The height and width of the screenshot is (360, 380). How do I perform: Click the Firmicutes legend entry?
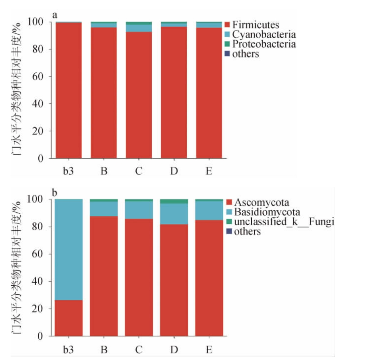[x=255, y=25]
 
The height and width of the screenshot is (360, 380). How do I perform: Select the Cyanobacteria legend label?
[x=264, y=34]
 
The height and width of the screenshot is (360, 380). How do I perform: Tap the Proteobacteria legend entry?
[x=264, y=44]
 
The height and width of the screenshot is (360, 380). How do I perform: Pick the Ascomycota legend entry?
[x=261, y=202]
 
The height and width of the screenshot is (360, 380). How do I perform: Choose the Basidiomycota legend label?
[x=267, y=212]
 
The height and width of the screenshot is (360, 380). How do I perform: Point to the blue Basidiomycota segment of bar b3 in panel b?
[x=68, y=249]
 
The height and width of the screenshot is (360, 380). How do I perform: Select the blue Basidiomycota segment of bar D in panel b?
[x=174, y=214]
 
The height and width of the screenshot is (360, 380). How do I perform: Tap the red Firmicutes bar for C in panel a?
[x=138, y=96]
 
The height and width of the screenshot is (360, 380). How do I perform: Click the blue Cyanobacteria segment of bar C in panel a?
[x=138, y=28]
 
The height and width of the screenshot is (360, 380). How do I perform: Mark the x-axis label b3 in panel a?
[x=68, y=171]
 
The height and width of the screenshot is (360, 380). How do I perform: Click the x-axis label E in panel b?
[x=209, y=349]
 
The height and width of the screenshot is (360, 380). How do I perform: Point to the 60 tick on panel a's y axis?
[x=39, y=77]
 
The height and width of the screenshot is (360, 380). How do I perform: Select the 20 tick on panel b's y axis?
[x=39, y=309]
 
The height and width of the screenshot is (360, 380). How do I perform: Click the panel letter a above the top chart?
[x=55, y=15]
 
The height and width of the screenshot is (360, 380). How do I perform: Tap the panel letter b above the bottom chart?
[x=55, y=192]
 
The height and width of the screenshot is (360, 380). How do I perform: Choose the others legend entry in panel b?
[x=247, y=231]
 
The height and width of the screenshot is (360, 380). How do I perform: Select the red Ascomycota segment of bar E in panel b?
[x=209, y=277]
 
